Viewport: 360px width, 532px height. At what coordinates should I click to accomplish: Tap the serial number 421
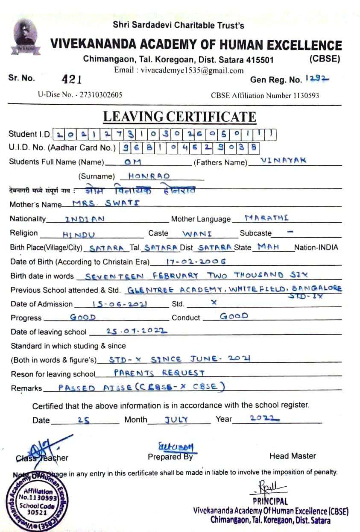(72, 79)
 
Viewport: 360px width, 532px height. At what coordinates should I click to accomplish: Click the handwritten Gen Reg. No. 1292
(317, 79)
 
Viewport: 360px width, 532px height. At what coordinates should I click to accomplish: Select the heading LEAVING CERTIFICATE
(180, 117)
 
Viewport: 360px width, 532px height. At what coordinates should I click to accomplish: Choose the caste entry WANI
(197, 234)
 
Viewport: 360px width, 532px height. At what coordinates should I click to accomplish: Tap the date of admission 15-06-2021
(120, 304)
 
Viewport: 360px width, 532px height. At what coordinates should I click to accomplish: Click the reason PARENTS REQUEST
(159, 373)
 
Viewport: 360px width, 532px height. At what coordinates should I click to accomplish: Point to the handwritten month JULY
(176, 420)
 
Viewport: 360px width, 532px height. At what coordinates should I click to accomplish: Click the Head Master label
(293, 456)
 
